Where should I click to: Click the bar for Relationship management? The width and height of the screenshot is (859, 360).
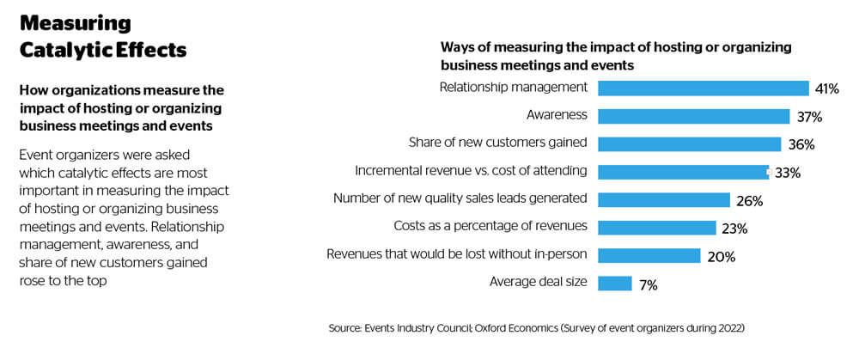pyautogui.click(x=703, y=88)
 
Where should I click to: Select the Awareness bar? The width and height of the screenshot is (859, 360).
pyautogui.click(x=693, y=116)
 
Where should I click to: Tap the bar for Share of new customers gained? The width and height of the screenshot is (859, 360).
pyautogui.click(x=689, y=143)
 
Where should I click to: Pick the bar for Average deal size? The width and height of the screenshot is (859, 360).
pyautogui.click(x=614, y=284)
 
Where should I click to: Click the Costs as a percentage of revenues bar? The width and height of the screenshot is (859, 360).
pyautogui.click(x=656, y=228)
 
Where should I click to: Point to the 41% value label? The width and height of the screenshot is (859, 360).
pyautogui.click(x=827, y=88)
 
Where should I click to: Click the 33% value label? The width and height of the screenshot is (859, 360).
pyautogui.click(x=788, y=173)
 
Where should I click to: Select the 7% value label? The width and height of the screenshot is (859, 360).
pyautogui.click(x=649, y=284)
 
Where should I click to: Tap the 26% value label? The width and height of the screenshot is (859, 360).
pyautogui.click(x=749, y=201)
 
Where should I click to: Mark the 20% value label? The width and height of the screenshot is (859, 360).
pyautogui.click(x=719, y=256)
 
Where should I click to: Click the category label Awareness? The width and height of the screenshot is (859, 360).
pyautogui.click(x=557, y=114)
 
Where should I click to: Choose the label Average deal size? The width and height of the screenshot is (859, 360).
pyautogui.click(x=538, y=282)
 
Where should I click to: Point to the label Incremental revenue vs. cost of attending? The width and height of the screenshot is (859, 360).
pyautogui.click(x=471, y=170)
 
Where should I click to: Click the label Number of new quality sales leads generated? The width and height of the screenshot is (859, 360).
pyautogui.click(x=460, y=198)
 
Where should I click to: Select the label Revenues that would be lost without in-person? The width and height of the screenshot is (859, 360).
pyautogui.click(x=457, y=254)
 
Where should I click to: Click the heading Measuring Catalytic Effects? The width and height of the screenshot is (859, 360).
pyautogui.click(x=102, y=36)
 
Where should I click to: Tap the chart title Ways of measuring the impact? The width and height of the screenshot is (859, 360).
pyautogui.click(x=616, y=56)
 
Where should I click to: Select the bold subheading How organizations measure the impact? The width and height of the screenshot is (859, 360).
pyautogui.click(x=120, y=107)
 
